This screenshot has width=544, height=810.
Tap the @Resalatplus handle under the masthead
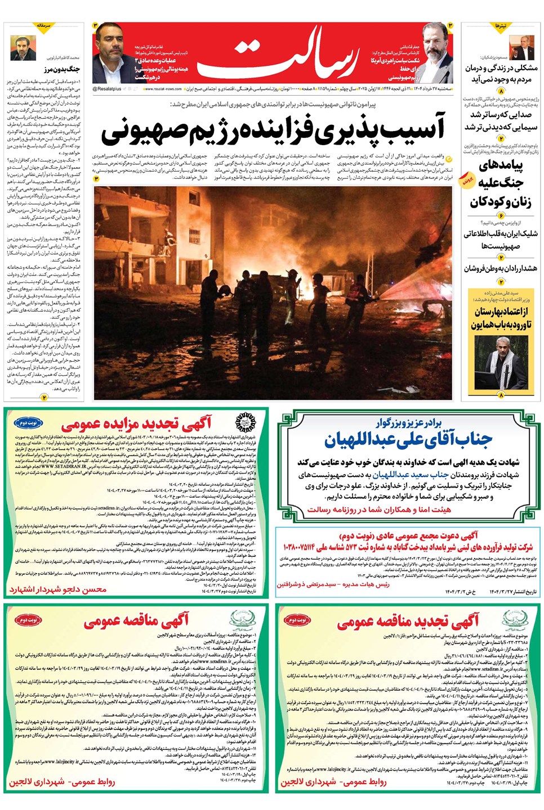tap(107, 89)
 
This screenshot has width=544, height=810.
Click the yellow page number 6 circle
tap(501, 214)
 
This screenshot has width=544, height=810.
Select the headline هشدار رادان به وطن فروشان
tap(500, 268)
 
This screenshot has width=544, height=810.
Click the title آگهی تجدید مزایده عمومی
tap(137, 423)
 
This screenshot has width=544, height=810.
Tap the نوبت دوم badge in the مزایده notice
tap(28, 422)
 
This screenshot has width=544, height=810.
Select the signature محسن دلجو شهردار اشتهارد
tap(57, 589)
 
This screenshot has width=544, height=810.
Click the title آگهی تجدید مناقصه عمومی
tap(408, 621)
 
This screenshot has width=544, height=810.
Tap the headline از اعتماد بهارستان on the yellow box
tap(501, 311)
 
